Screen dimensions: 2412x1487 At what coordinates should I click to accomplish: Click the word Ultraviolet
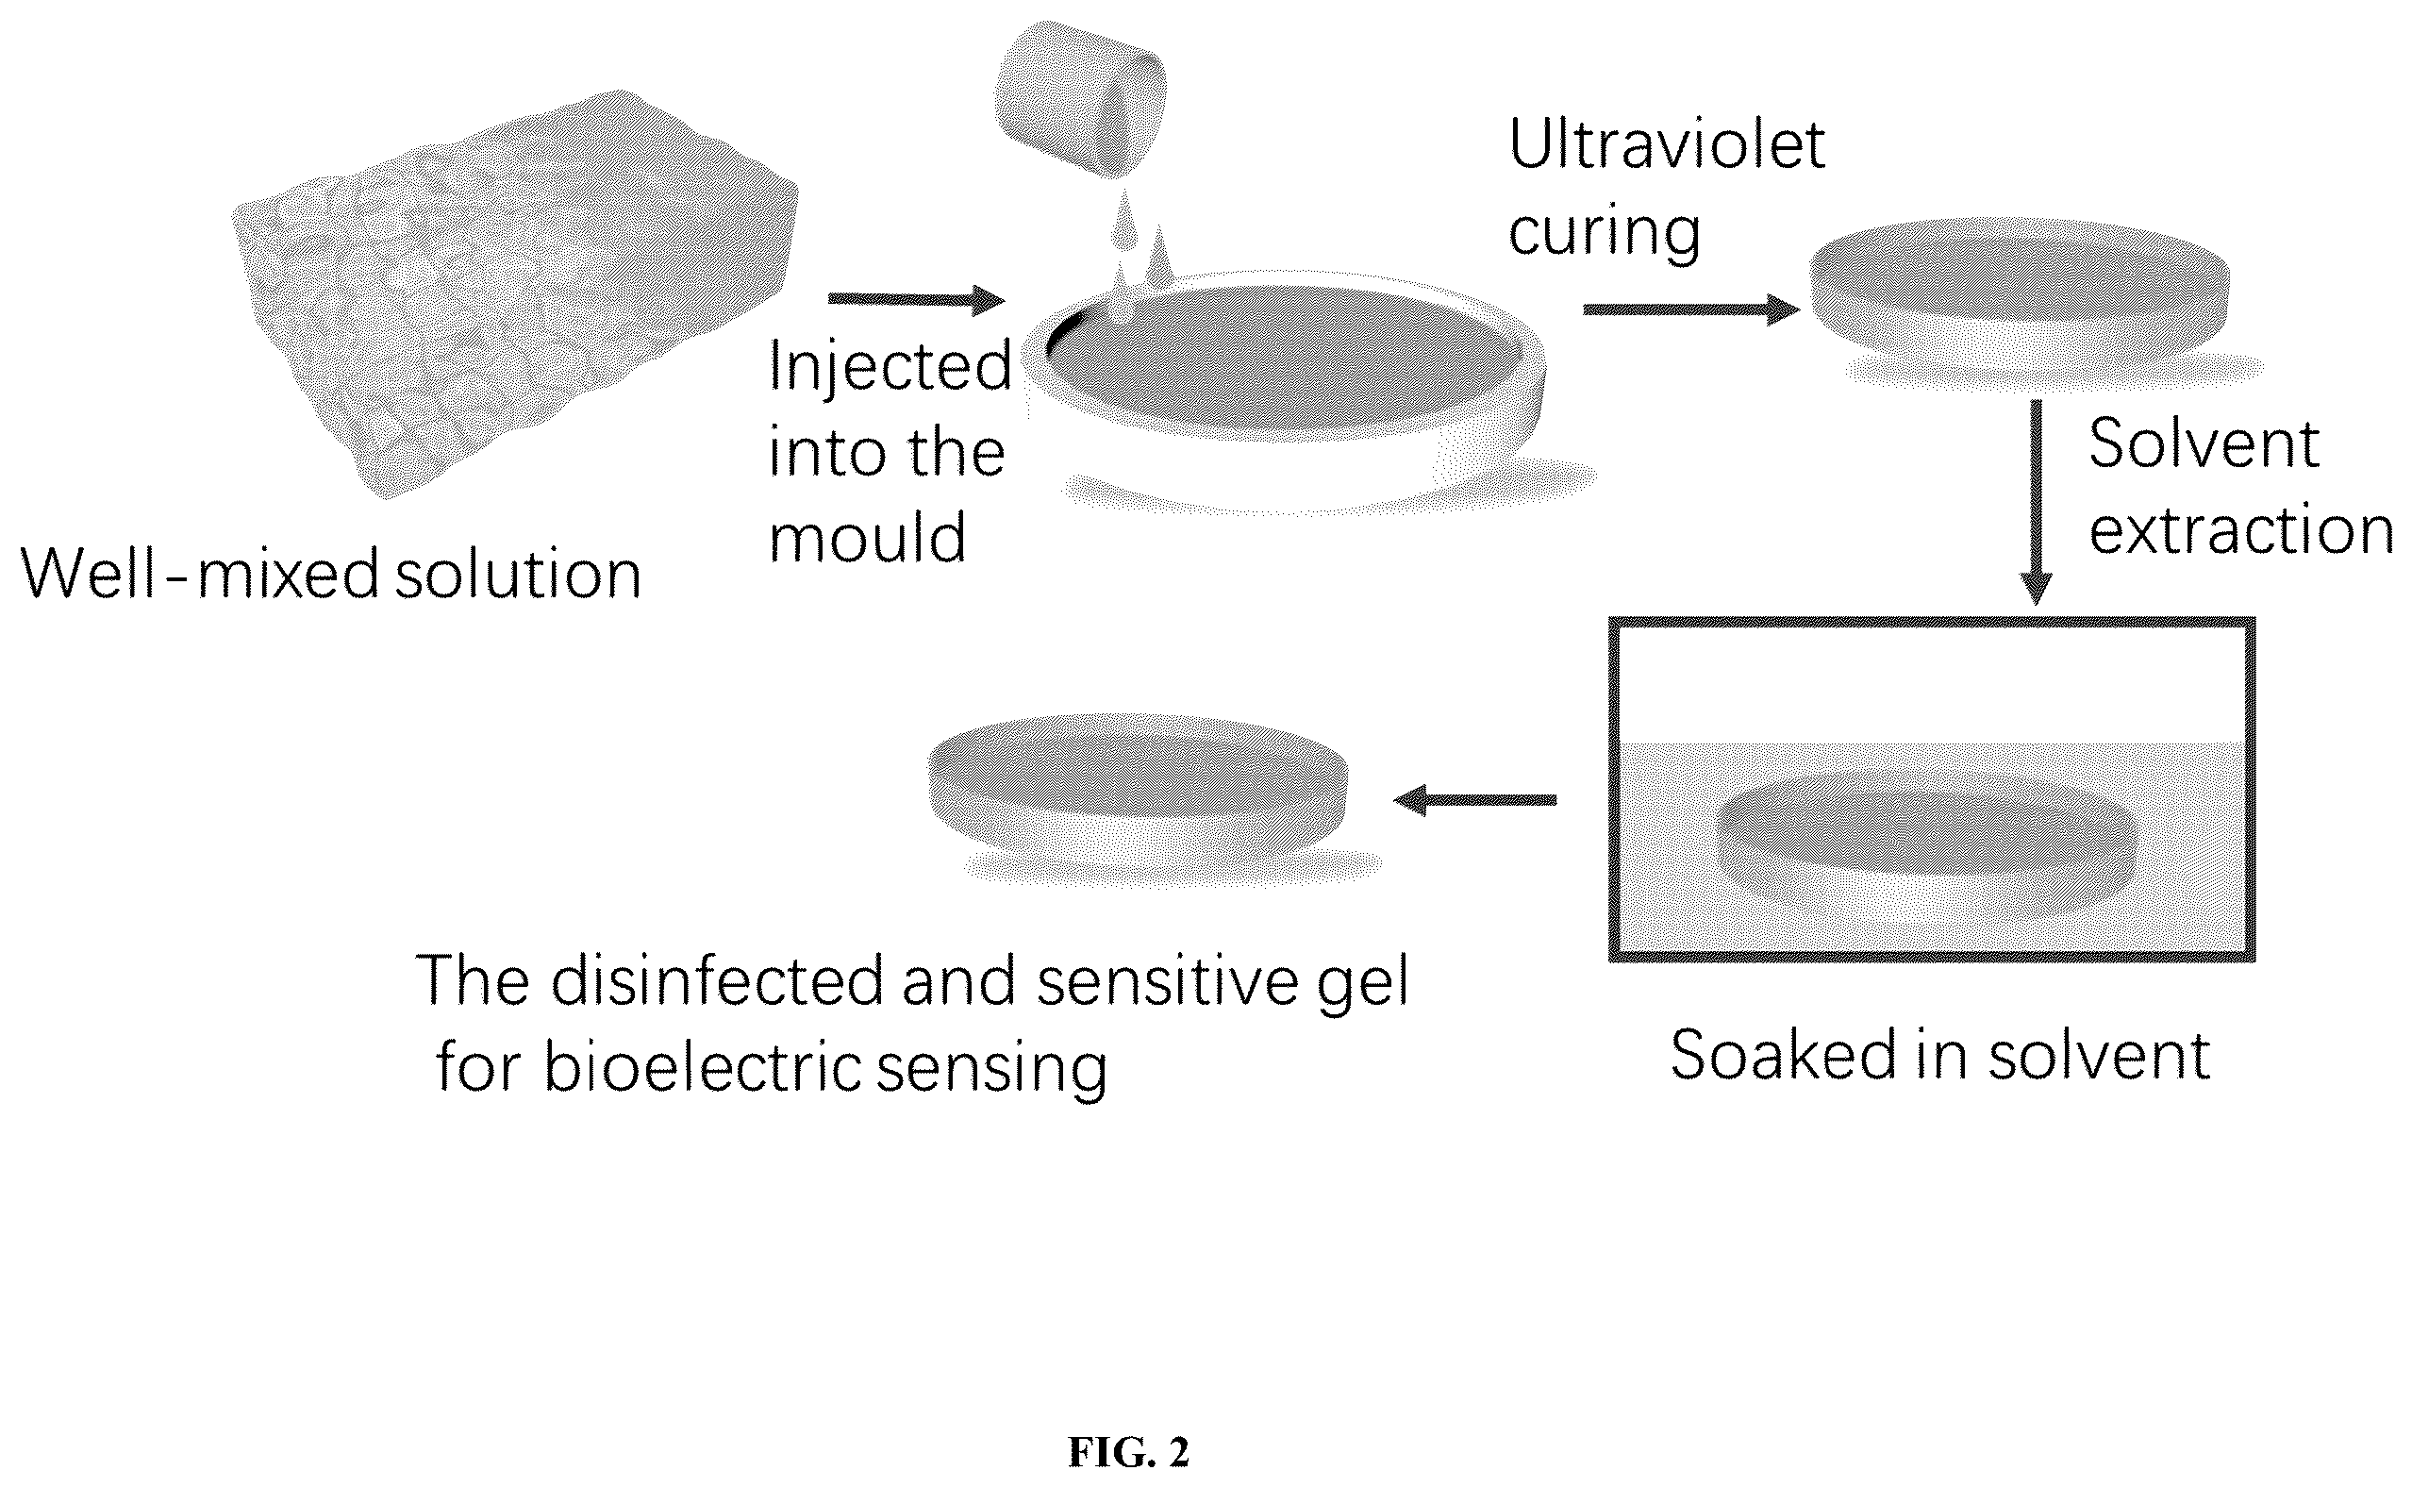1667,144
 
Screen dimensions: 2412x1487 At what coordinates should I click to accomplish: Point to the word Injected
890,367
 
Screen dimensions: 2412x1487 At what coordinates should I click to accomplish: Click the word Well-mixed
200,574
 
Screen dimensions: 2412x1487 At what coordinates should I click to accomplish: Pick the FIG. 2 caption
1129,1451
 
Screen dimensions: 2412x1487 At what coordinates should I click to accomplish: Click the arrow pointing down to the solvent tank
2036,503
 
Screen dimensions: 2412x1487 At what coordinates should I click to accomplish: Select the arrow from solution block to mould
917,299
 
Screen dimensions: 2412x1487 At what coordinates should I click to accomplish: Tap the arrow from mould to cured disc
1691,309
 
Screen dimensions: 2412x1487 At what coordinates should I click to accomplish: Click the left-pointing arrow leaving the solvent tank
1475,799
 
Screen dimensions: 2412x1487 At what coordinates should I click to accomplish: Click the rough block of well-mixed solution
514,295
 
